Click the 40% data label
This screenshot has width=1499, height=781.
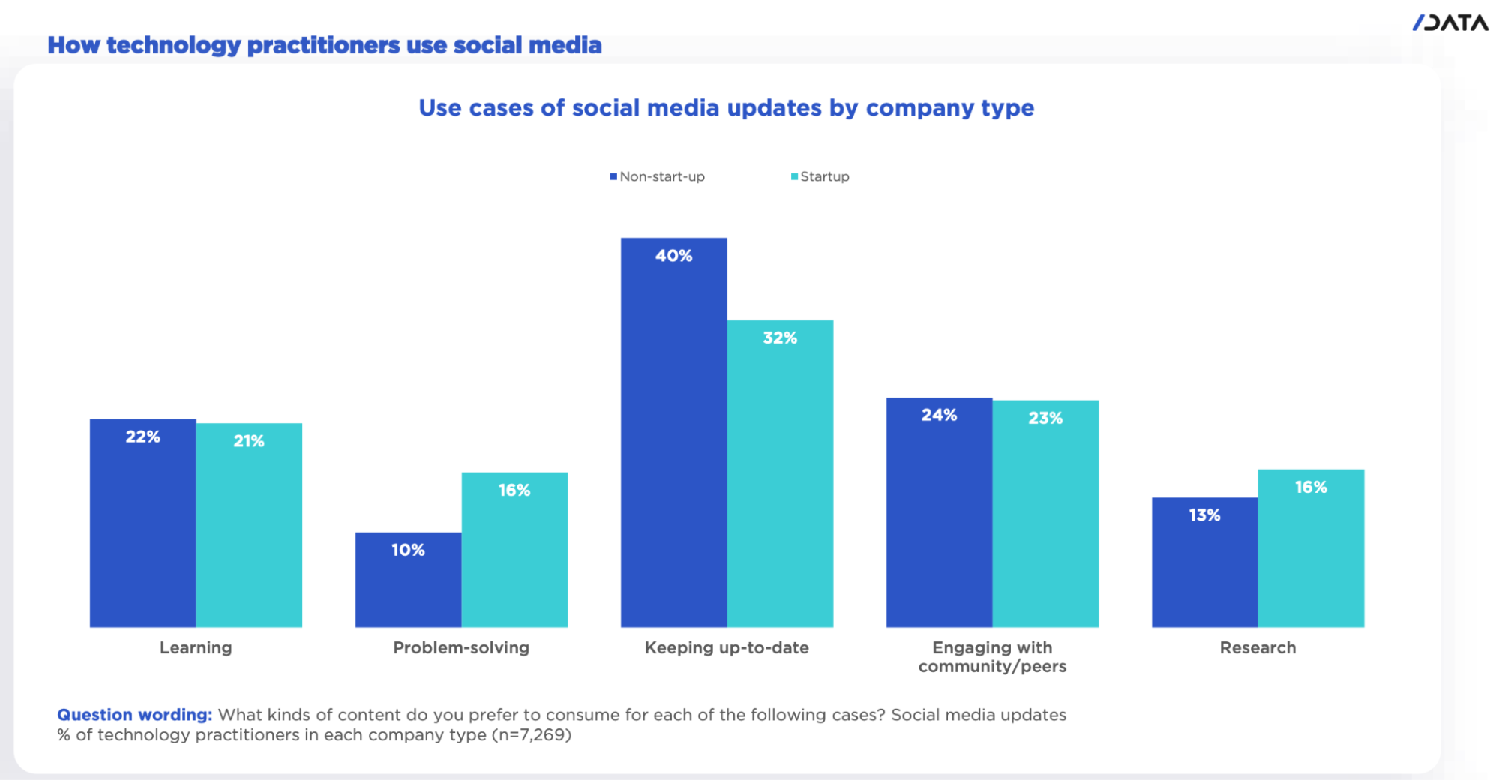[673, 256]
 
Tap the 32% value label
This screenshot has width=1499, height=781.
[780, 338]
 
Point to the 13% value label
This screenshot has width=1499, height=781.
[1204, 515]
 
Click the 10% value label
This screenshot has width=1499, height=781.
[408, 550]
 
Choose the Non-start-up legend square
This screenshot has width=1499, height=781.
[613, 176]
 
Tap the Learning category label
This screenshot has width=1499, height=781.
[196, 647]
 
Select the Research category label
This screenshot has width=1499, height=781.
[1258, 647]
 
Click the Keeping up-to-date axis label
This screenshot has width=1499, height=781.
[727, 647]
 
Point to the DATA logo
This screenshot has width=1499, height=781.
[1450, 23]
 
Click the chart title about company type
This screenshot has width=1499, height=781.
[726, 108]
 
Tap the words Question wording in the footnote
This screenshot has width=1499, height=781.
[135, 715]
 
